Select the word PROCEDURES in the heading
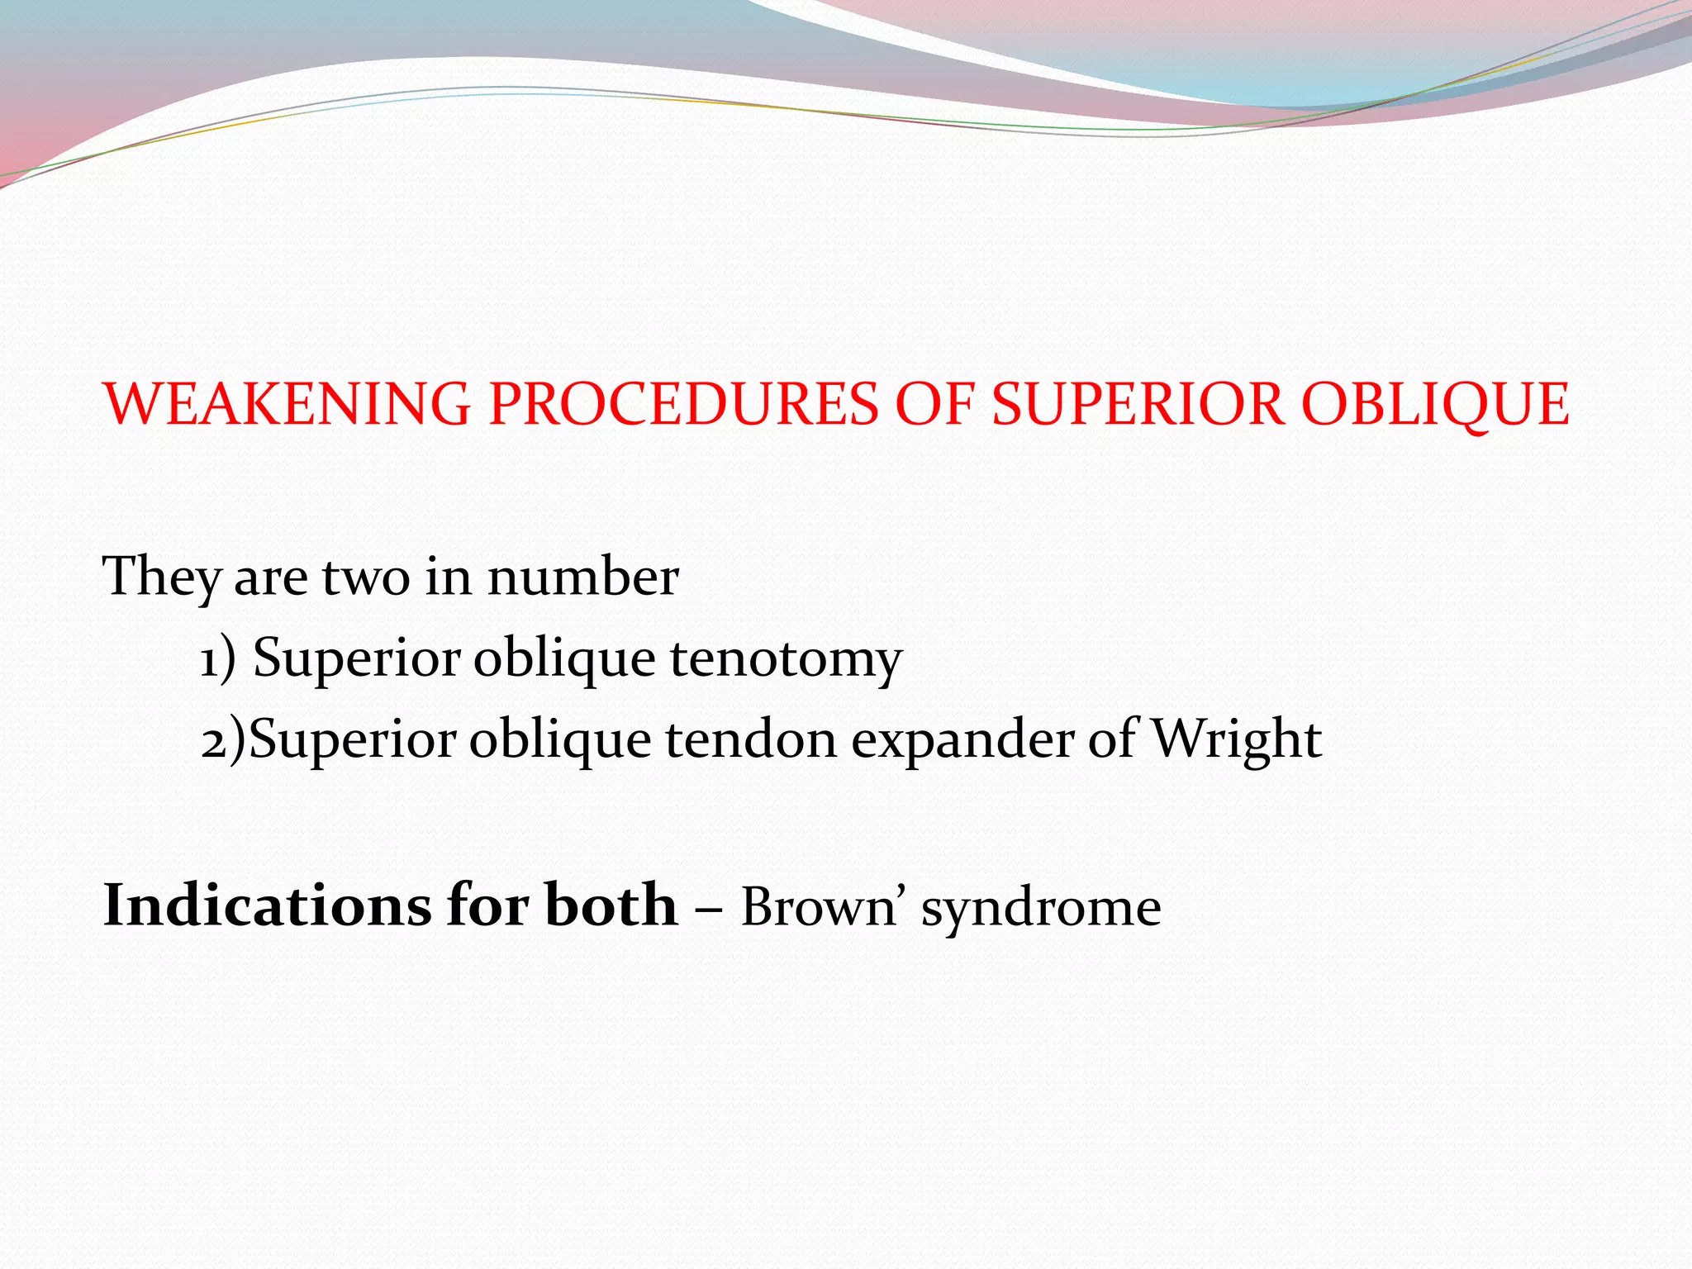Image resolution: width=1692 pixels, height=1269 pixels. (683, 405)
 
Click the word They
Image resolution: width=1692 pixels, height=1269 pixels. (161, 577)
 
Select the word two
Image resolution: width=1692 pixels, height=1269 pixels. (365, 577)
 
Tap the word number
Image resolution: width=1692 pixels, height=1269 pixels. (583, 577)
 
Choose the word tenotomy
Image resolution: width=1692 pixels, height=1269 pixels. (786, 658)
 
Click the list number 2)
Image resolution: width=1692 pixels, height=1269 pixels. (223, 739)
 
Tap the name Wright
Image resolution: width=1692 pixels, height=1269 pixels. (1236, 739)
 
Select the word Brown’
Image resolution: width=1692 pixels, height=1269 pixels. (821, 907)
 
